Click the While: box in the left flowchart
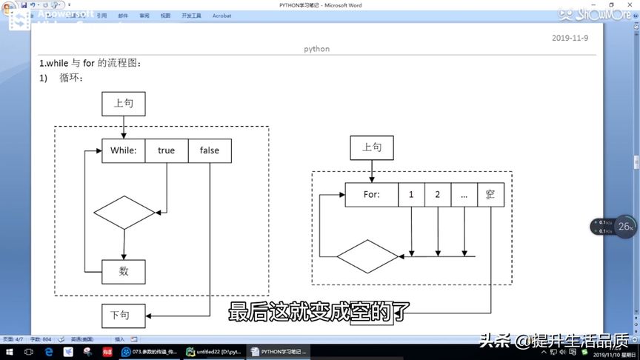click(x=123, y=150)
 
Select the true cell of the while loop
click(x=167, y=150)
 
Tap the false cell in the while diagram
click(x=210, y=150)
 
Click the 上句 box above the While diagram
click(x=123, y=104)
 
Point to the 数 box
click(x=123, y=272)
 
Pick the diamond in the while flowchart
click(x=124, y=213)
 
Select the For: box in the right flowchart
click(x=372, y=195)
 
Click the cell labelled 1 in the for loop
click(x=411, y=195)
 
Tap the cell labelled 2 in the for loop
click(x=438, y=195)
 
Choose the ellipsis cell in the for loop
click(x=464, y=195)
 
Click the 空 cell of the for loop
click(x=490, y=195)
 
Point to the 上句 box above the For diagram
click(x=372, y=147)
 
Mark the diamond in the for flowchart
click(x=368, y=256)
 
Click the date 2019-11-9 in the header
click(x=570, y=38)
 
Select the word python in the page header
click(x=316, y=49)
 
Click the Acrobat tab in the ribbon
click(x=221, y=16)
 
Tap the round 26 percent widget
click(x=625, y=227)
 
